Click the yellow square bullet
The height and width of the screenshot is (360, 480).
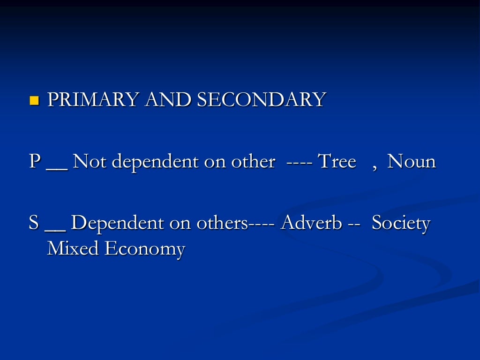pyautogui.click(x=34, y=100)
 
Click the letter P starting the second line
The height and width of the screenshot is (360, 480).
pyautogui.click(x=35, y=162)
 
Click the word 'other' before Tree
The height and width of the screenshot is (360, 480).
pyautogui.click(x=252, y=162)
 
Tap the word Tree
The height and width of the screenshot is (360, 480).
pyautogui.click(x=337, y=162)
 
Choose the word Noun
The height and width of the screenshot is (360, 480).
pyautogui.click(x=412, y=162)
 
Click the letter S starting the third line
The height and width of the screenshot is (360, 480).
pyautogui.click(x=34, y=223)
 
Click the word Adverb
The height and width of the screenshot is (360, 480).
pyautogui.click(x=311, y=223)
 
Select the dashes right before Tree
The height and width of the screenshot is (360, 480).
pyautogui.click(x=300, y=163)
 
